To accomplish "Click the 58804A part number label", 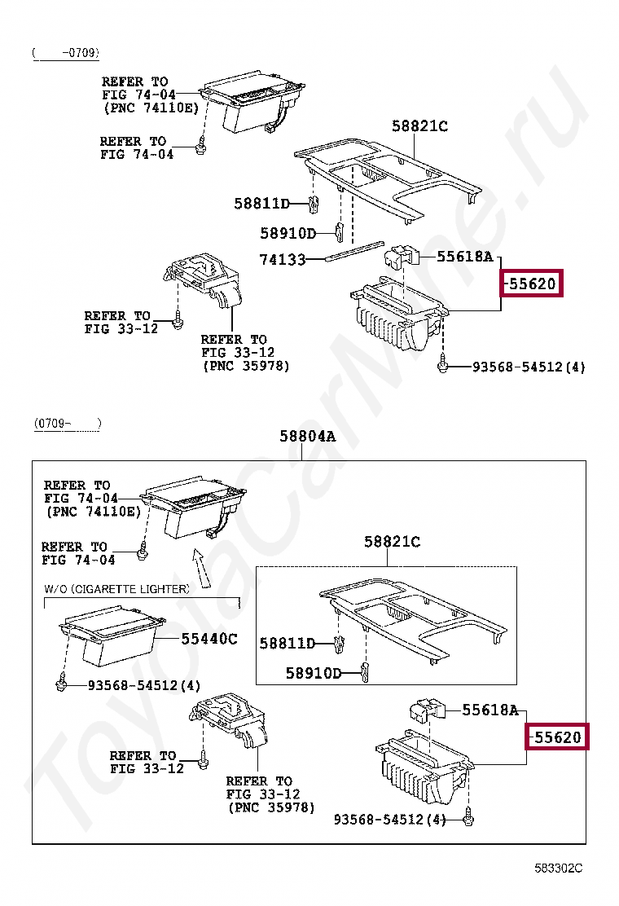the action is [x=307, y=436].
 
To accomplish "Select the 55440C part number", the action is [x=209, y=639].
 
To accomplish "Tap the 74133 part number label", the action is [x=283, y=260].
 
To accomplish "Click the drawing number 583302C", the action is [x=559, y=868].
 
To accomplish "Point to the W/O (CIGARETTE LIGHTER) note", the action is [x=116, y=589].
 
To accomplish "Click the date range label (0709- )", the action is [x=68, y=424].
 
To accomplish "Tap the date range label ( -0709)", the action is [x=66, y=53].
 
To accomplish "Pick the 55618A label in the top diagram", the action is [x=465, y=257].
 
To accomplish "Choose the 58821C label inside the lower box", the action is [x=392, y=542].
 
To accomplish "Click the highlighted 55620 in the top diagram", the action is [x=532, y=284].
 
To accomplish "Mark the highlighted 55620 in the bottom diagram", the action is [x=557, y=737].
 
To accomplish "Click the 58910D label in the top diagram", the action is [x=288, y=234].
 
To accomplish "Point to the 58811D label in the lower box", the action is [x=287, y=644].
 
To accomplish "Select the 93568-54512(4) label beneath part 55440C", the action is [x=144, y=686].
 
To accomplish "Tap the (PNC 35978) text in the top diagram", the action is [x=245, y=366].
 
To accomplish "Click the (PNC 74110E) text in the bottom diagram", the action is [x=93, y=512].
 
